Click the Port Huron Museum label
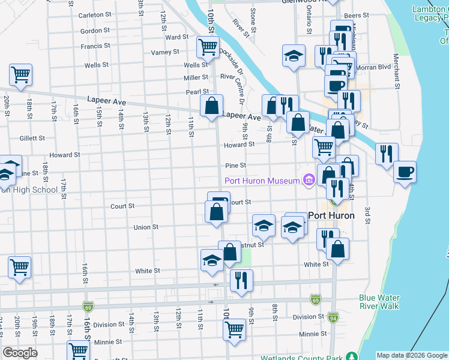tap(262, 181)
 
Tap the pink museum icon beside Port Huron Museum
tap(310, 180)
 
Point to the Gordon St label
tap(94, 31)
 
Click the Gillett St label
tap(32, 138)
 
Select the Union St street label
tap(145, 227)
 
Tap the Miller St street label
tap(196, 78)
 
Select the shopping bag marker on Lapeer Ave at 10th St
tap(211, 106)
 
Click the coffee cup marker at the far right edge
tap(404, 172)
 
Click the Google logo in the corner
tap(20, 353)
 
